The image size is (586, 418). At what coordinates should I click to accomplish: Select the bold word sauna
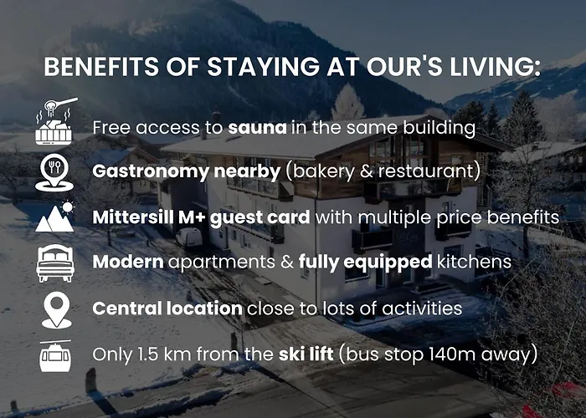[256, 128]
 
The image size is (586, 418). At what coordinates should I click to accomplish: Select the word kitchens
[474, 263]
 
